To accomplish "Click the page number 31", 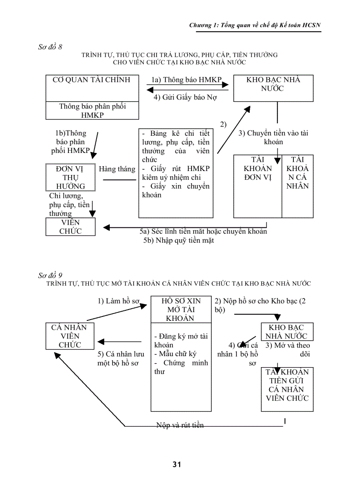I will point(177,464).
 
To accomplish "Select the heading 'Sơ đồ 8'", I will point(50,47).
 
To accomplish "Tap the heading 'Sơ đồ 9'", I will point(50,275).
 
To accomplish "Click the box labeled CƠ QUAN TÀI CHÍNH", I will point(92,88).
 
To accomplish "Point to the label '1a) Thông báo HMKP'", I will point(187,80).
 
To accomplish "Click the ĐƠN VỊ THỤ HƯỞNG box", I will point(71,177).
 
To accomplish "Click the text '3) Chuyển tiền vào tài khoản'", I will point(273,138).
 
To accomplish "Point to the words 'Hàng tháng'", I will point(117,169).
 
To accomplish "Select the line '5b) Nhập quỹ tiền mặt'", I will point(178,241).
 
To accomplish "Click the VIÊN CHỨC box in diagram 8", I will point(71,227).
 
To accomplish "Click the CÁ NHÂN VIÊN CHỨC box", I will point(70,336).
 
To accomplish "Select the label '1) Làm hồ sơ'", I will point(118,301).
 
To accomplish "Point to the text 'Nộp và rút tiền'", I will point(180,425).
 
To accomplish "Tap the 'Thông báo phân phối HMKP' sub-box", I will point(92,111).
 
